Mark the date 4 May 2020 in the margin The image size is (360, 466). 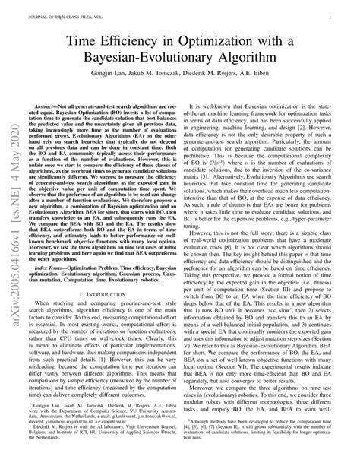pyautogui.click(x=15, y=152)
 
